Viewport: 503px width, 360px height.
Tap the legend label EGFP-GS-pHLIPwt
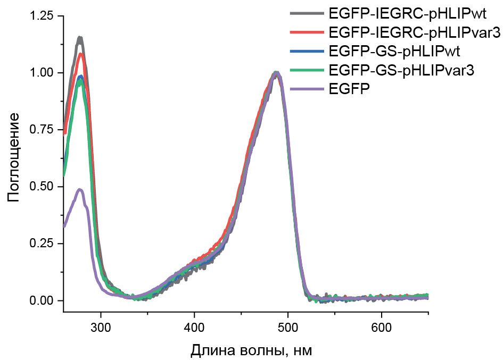(394, 52)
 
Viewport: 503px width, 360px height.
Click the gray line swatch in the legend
(307, 13)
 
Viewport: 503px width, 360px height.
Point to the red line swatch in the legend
(307, 32)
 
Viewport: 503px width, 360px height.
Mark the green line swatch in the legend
(307, 71)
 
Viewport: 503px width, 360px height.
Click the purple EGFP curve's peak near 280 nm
(80, 189)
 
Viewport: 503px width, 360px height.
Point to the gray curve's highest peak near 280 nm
(80, 38)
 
